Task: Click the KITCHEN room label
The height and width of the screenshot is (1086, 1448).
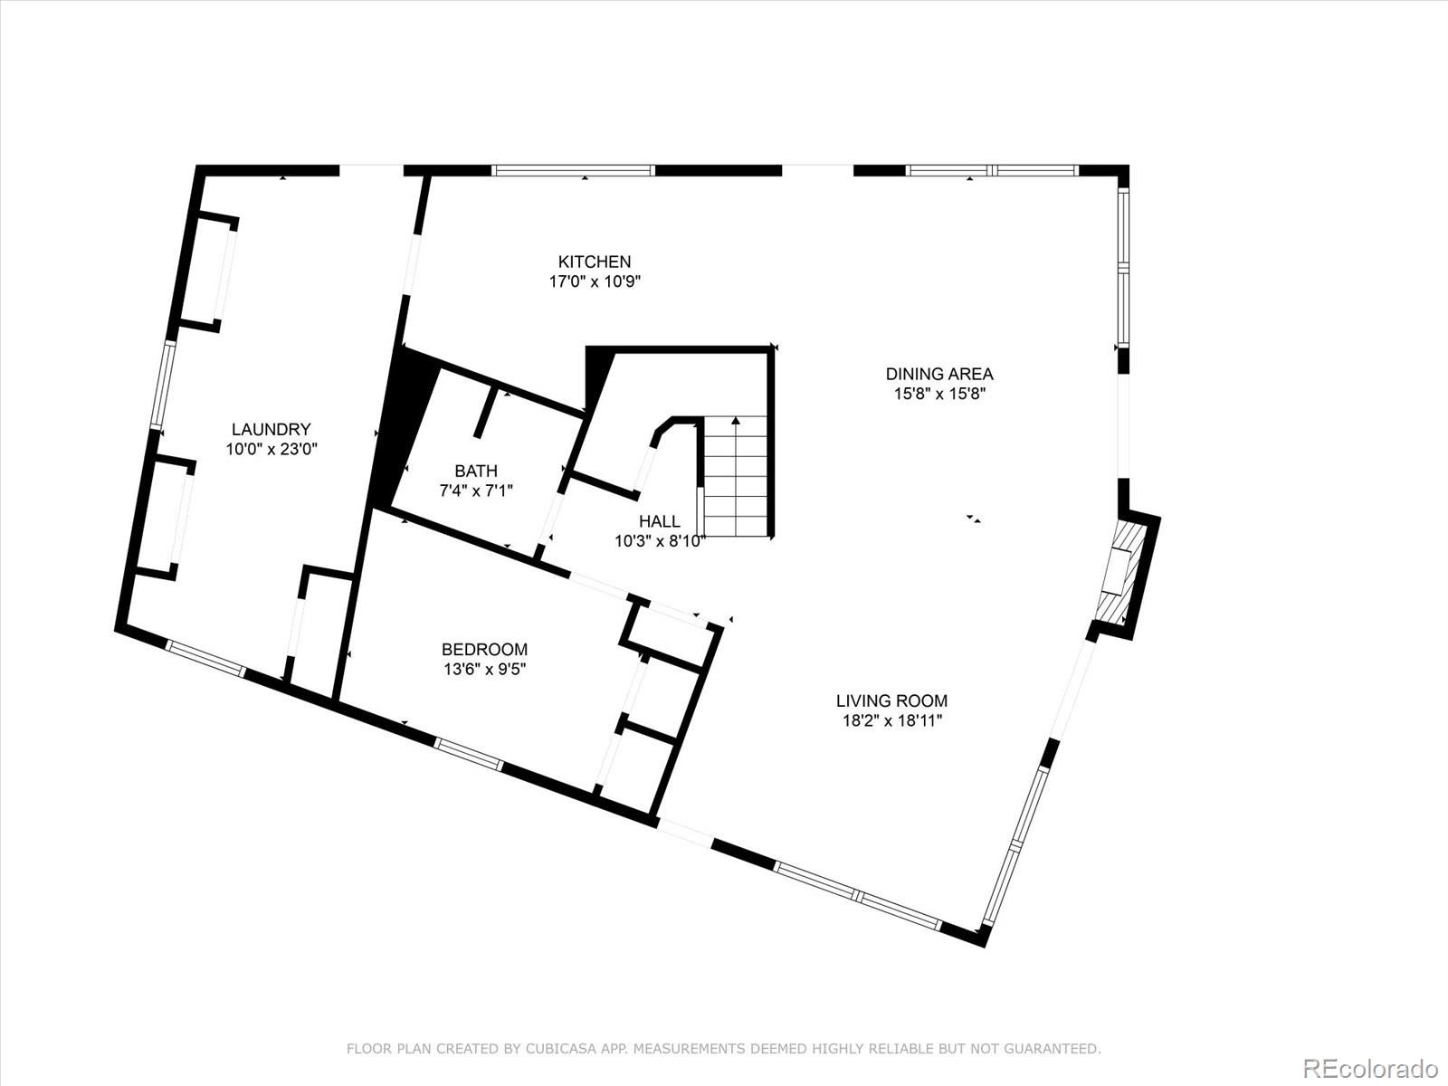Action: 595,262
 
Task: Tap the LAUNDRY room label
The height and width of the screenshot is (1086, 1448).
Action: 271,429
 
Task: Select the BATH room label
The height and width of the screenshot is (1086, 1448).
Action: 476,471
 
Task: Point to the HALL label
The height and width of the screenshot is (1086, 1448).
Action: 660,521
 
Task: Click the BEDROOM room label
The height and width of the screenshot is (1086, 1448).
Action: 484,650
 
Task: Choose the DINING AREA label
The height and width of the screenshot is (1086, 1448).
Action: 938,374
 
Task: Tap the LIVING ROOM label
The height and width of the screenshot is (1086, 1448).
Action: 892,700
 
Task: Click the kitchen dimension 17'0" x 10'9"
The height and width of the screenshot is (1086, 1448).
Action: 595,282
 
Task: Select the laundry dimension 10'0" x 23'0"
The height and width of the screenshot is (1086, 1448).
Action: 271,450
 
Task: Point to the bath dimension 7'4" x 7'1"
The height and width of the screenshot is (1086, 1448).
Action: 476,491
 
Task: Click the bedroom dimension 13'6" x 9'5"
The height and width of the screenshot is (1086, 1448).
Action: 485,670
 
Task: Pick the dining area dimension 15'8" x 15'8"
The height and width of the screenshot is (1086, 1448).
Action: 938,395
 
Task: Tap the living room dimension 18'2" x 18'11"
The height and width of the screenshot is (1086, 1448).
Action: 892,721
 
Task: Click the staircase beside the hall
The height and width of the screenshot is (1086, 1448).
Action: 736,476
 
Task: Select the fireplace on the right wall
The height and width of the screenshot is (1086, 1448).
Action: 1121,572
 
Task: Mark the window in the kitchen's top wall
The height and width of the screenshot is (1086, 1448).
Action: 573,170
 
